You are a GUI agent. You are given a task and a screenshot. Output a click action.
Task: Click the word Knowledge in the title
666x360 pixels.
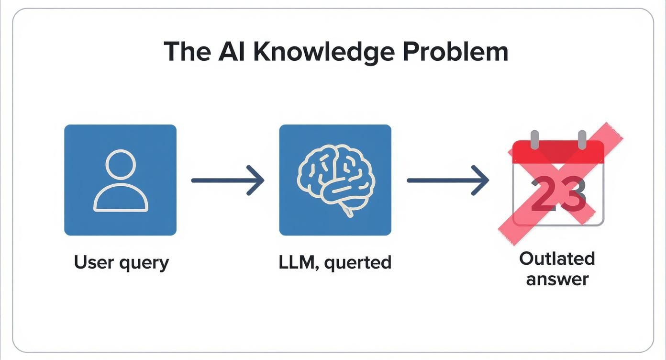click(323, 52)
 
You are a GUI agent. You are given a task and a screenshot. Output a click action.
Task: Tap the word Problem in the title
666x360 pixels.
click(455, 51)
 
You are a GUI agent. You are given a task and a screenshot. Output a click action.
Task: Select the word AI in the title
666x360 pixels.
click(232, 51)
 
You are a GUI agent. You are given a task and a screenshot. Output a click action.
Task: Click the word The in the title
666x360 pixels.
click(187, 51)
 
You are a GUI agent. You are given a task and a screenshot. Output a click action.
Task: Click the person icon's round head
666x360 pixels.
click(121, 164)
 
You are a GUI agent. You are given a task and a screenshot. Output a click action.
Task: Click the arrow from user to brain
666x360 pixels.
click(228, 180)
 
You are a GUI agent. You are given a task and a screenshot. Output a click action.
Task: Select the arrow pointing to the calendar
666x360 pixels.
click(448, 180)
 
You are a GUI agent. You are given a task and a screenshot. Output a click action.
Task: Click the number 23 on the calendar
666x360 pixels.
click(558, 193)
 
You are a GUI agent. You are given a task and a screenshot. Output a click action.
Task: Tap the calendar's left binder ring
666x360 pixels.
click(534, 139)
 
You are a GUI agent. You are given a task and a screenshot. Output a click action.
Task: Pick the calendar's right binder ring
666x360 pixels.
click(582, 139)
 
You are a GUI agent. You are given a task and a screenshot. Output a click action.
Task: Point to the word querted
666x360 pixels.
click(357, 263)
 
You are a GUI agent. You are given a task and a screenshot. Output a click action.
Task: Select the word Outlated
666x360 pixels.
click(557, 259)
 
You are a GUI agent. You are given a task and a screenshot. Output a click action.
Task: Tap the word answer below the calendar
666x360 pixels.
click(557, 279)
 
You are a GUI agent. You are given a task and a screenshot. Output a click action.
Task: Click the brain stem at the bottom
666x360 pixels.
click(349, 209)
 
